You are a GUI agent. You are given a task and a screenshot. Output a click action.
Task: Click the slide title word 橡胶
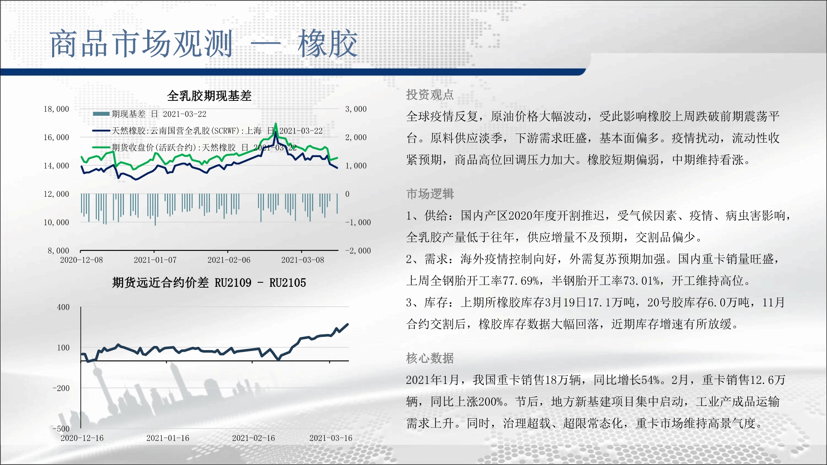[x=327, y=43]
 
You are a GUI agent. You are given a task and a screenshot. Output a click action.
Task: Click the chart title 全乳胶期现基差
[x=209, y=96]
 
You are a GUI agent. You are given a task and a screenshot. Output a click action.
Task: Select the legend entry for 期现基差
[x=150, y=114]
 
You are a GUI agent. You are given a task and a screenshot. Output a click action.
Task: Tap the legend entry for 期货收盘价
[x=194, y=148]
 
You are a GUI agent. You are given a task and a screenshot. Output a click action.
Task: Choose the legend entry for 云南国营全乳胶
[x=207, y=131]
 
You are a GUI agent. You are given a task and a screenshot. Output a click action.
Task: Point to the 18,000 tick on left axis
[x=57, y=109]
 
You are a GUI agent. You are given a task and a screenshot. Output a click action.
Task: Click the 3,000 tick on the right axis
[x=356, y=109]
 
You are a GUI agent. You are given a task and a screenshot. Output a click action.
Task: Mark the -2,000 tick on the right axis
[x=358, y=251]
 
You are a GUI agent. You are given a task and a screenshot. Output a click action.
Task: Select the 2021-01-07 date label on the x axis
[x=155, y=260]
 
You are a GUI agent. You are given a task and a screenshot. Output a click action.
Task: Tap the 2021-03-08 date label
[x=303, y=260]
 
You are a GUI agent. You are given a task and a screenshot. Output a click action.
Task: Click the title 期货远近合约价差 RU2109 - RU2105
[x=209, y=283]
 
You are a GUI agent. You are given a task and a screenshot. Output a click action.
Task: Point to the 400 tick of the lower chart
[x=63, y=307]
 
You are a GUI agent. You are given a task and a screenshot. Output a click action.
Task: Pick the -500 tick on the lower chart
[x=61, y=429]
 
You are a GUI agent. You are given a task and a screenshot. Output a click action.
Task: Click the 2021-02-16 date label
[x=253, y=438]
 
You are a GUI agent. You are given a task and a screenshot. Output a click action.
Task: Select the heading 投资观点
[x=430, y=95]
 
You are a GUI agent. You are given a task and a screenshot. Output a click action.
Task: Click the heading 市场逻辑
[x=430, y=194]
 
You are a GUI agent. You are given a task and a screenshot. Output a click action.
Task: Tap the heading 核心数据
[x=430, y=358]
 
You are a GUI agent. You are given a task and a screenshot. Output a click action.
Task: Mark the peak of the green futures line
[x=276, y=124]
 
